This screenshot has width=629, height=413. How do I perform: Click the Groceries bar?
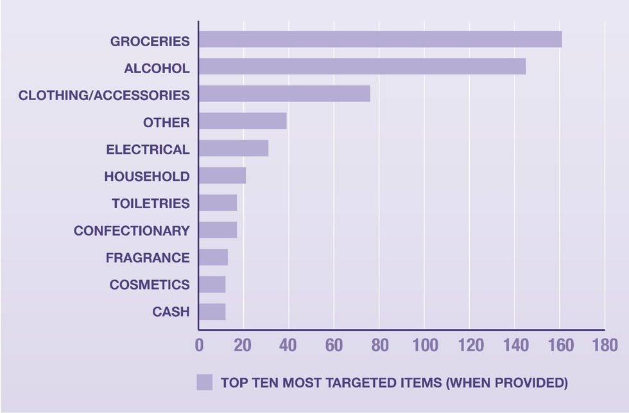click(x=380, y=39)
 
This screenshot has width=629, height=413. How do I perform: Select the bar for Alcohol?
click(x=362, y=66)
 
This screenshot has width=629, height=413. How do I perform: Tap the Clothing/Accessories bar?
click(x=284, y=94)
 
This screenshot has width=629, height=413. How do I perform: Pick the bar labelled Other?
click(x=243, y=121)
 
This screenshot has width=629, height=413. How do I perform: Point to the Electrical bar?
click(x=234, y=148)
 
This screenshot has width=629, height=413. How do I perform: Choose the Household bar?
click(x=222, y=175)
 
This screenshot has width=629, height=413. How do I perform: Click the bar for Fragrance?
click(x=213, y=257)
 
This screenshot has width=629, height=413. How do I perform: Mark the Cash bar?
click(x=212, y=312)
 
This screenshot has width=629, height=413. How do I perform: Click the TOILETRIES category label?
click(x=151, y=204)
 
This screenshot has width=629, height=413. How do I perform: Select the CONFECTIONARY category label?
click(x=132, y=231)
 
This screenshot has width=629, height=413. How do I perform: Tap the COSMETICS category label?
click(x=150, y=285)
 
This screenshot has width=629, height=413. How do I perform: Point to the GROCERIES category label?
click(x=150, y=42)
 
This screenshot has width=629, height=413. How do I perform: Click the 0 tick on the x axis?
click(x=199, y=345)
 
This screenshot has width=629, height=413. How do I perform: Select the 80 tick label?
click(x=379, y=345)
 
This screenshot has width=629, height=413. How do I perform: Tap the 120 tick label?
click(x=469, y=345)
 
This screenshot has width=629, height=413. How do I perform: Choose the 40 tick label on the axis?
click(x=289, y=345)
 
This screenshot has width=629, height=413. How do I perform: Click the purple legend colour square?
click(x=205, y=382)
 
